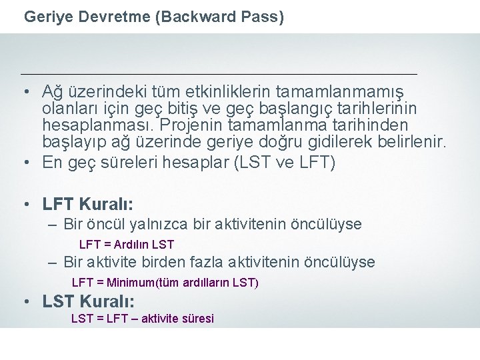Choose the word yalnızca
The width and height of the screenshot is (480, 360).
[153, 224]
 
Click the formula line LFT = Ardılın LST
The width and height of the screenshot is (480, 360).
[127, 245]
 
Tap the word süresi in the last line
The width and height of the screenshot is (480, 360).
[197, 319]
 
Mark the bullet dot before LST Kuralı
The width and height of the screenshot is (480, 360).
[25, 301]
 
